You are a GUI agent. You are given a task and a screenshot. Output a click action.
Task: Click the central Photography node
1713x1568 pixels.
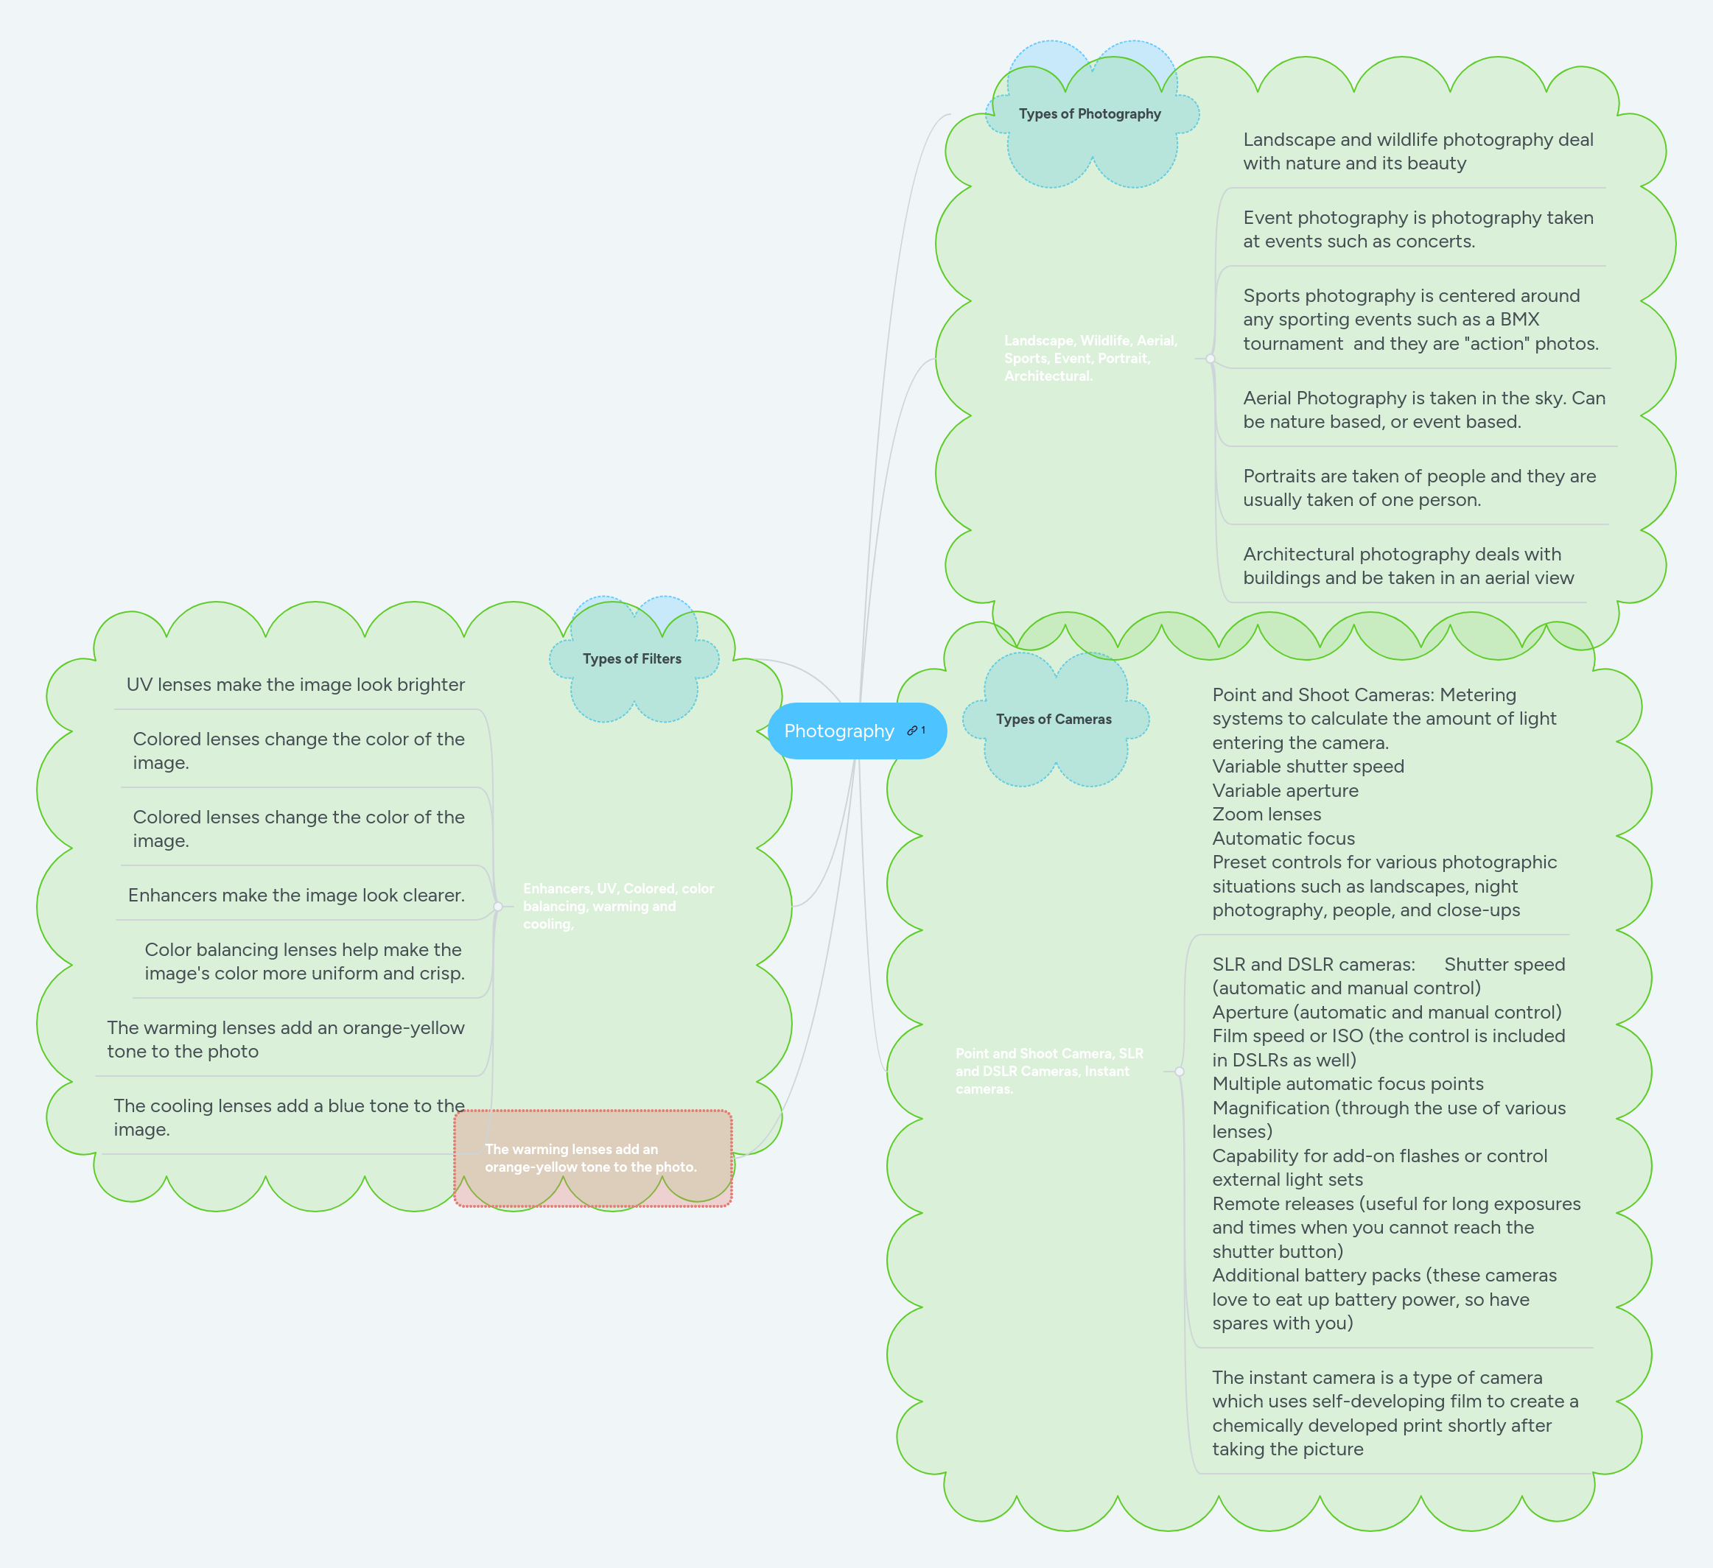[x=838, y=731]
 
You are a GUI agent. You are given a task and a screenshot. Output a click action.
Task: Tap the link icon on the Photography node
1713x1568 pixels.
[x=913, y=731]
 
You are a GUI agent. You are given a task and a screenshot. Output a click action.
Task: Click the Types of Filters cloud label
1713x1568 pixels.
[x=631, y=659]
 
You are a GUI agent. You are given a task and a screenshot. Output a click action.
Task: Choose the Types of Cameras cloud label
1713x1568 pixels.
[x=1053, y=720]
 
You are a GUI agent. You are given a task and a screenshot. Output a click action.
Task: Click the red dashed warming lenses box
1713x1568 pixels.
[x=592, y=1158]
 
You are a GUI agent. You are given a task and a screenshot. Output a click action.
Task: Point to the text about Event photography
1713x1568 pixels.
[x=1418, y=229]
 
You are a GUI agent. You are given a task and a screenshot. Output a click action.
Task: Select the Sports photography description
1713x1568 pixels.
[x=1420, y=320]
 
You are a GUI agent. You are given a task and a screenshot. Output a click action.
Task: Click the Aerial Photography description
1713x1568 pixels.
[x=1423, y=409]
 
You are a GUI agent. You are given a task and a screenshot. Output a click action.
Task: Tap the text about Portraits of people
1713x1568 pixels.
[x=1418, y=488]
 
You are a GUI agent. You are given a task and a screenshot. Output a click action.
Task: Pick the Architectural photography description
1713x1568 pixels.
[x=1407, y=566]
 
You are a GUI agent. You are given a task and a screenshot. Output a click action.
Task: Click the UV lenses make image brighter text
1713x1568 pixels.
[x=295, y=685]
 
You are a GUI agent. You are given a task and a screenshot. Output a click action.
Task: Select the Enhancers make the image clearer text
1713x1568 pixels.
[x=295, y=896]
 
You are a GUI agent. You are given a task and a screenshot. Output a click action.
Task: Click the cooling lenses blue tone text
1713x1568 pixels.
[x=289, y=1117]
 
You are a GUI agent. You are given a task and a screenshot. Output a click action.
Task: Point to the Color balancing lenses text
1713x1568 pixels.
[x=304, y=962]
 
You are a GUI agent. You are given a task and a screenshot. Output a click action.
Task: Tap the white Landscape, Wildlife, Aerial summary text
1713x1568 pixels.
[x=1090, y=359]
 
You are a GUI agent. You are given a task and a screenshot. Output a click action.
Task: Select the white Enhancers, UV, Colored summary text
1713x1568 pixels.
[x=617, y=907]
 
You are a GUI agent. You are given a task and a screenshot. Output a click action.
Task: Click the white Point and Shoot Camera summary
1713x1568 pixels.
[x=1048, y=1071]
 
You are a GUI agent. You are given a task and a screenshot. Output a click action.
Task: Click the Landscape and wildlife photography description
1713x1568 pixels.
[x=1418, y=151]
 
